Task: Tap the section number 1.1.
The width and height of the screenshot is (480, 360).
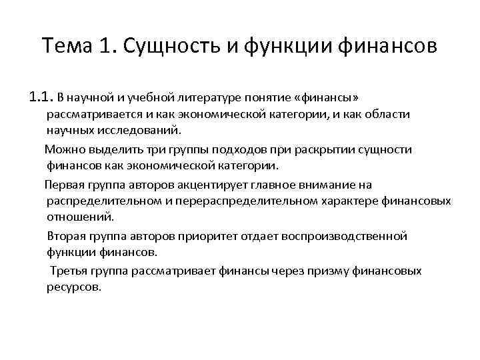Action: (41, 99)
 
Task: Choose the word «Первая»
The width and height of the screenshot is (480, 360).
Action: (64, 184)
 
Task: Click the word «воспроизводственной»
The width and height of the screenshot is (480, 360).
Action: (351, 237)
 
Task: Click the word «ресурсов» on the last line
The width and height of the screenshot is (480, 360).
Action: (73, 287)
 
